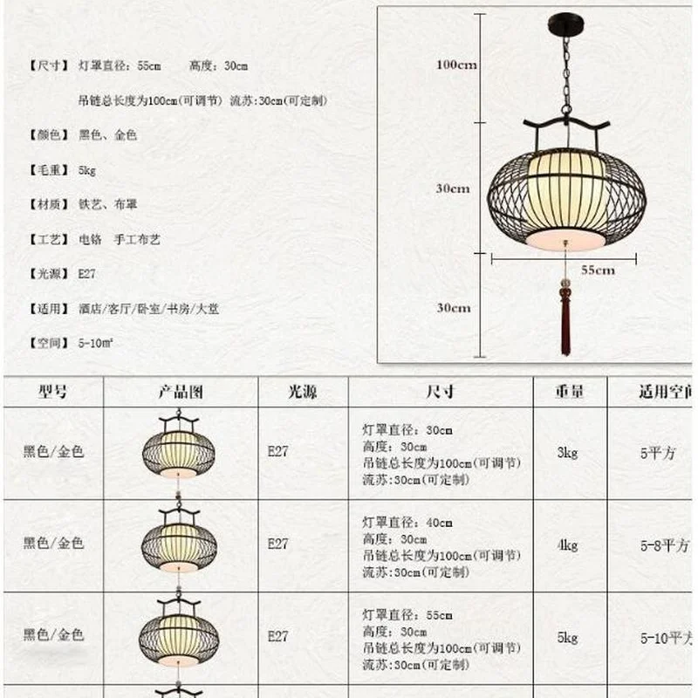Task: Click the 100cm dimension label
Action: [x=456, y=65]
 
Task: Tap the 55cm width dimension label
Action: [x=598, y=270]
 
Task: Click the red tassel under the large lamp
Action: [x=565, y=323]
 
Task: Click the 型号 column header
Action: [x=52, y=392]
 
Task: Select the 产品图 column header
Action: [x=181, y=392]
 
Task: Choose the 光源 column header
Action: [x=303, y=392]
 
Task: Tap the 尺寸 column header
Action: [x=440, y=392]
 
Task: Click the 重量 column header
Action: [x=569, y=392]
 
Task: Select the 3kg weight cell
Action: [x=567, y=452]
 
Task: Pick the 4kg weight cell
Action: [x=567, y=545]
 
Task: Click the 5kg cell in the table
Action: [x=567, y=638]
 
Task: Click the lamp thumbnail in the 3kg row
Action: [x=179, y=447]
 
